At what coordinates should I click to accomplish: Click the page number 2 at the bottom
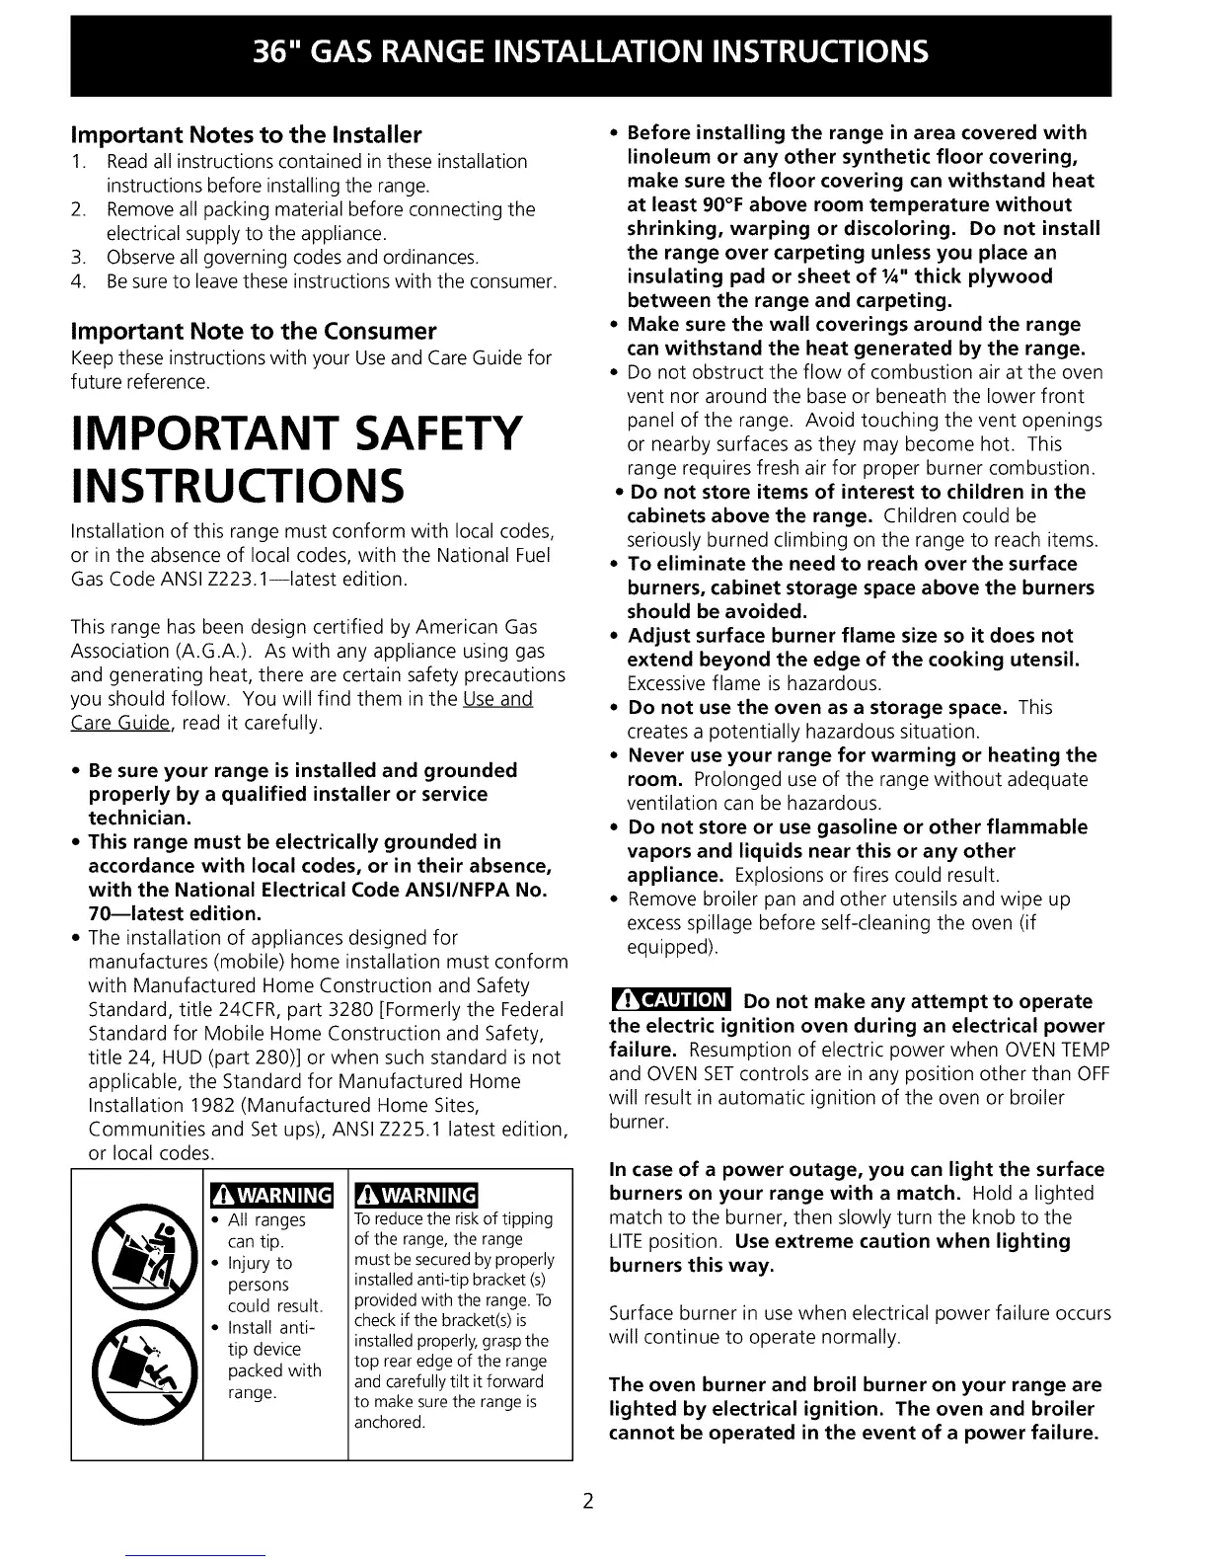(587, 1503)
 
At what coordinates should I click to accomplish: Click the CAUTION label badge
(670, 1001)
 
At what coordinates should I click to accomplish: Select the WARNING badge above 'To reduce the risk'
(415, 1195)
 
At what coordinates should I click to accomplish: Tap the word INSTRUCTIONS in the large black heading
(237, 487)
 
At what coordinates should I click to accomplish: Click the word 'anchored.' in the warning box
(390, 1423)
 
